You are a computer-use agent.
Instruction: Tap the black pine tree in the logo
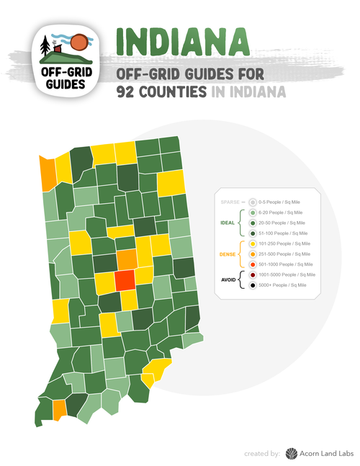[x=47, y=45]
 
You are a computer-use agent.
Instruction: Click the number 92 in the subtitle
[x=131, y=91]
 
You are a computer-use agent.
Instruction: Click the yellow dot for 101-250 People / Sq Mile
[x=253, y=244]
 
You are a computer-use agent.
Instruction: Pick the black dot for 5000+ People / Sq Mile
[x=253, y=285]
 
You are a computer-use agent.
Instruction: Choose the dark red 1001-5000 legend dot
[x=253, y=275]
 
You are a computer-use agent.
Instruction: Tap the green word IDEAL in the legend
[x=228, y=223]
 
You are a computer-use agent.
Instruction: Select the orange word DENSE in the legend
[x=228, y=254]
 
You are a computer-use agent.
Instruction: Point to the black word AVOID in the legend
[x=228, y=280]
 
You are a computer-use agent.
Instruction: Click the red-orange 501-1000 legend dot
[x=253, y=264]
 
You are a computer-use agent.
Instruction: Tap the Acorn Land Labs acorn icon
[x=291, y=453]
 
